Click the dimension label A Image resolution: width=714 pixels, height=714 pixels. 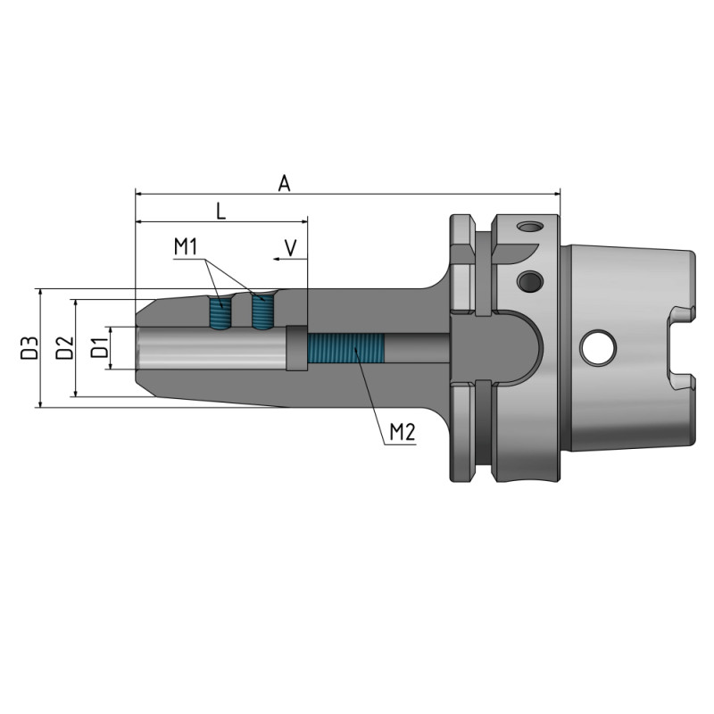pyautogui.click(x=284, y=183)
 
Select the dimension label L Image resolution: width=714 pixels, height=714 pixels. pyautogui.click(x=220, y=211)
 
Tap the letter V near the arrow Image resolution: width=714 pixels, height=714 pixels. pyautogui.click(x=290, y=246)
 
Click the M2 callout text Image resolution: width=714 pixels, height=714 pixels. pyautogui.click(x=403, y=434)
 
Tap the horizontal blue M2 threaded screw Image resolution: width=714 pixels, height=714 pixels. pyautogui.click(x=345, y=350)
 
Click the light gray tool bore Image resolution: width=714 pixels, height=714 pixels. pyautogui.click(x=210, y=350)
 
